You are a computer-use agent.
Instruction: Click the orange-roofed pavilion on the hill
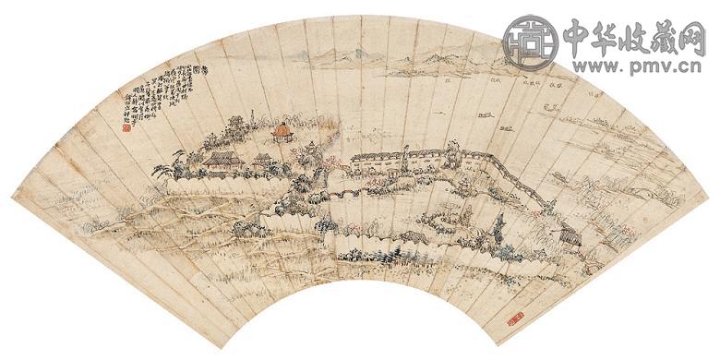click(x=281, y=134)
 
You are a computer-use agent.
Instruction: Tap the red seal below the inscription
click(x=126, y=128)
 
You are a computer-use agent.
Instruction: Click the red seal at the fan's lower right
click(x=515, y=319)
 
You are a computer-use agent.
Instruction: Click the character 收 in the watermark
click(x=643, y=37)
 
